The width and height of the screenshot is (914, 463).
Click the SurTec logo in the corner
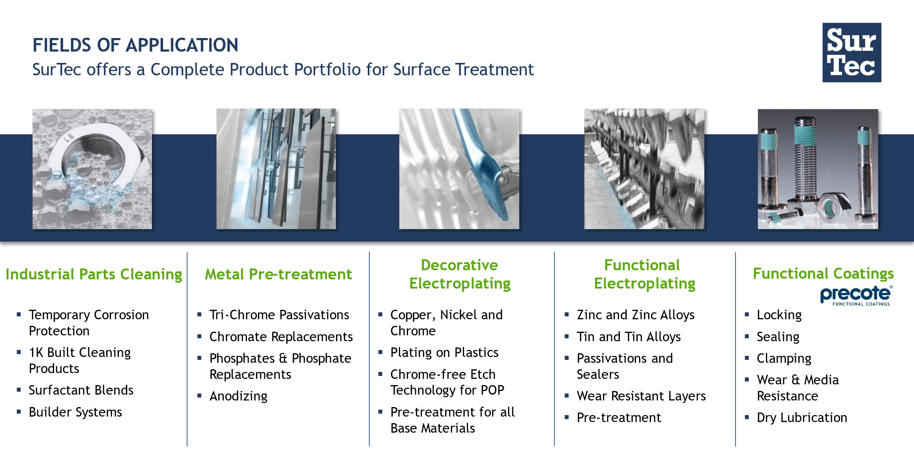pos(851,53)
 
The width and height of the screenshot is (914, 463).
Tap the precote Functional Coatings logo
pos(856,295)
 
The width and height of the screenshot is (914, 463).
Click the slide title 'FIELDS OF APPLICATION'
pos(135,45)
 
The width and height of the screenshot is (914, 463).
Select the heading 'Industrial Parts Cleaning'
pos(94,274)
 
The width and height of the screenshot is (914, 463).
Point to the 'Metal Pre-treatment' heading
pos(278,274)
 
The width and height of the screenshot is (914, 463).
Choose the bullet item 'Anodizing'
pos(238,396)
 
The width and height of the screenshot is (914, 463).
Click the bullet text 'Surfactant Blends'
pos(81,390)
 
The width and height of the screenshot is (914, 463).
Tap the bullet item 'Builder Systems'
pos(75,412)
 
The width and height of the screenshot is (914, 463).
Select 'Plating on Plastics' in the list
pos(444,353)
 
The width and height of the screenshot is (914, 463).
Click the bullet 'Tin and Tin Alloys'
pos(629,337)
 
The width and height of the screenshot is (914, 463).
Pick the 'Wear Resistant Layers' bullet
pos(641,396)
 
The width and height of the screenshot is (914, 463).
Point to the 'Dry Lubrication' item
pos(802,418)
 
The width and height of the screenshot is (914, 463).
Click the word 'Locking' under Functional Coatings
pos(779,315)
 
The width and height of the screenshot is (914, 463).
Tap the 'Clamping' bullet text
pos(784,358)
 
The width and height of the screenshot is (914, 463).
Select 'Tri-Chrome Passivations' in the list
pos(279,315)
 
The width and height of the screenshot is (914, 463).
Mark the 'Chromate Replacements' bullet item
pos(281,337)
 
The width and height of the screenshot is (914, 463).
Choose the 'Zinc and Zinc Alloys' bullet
pos(635,315)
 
